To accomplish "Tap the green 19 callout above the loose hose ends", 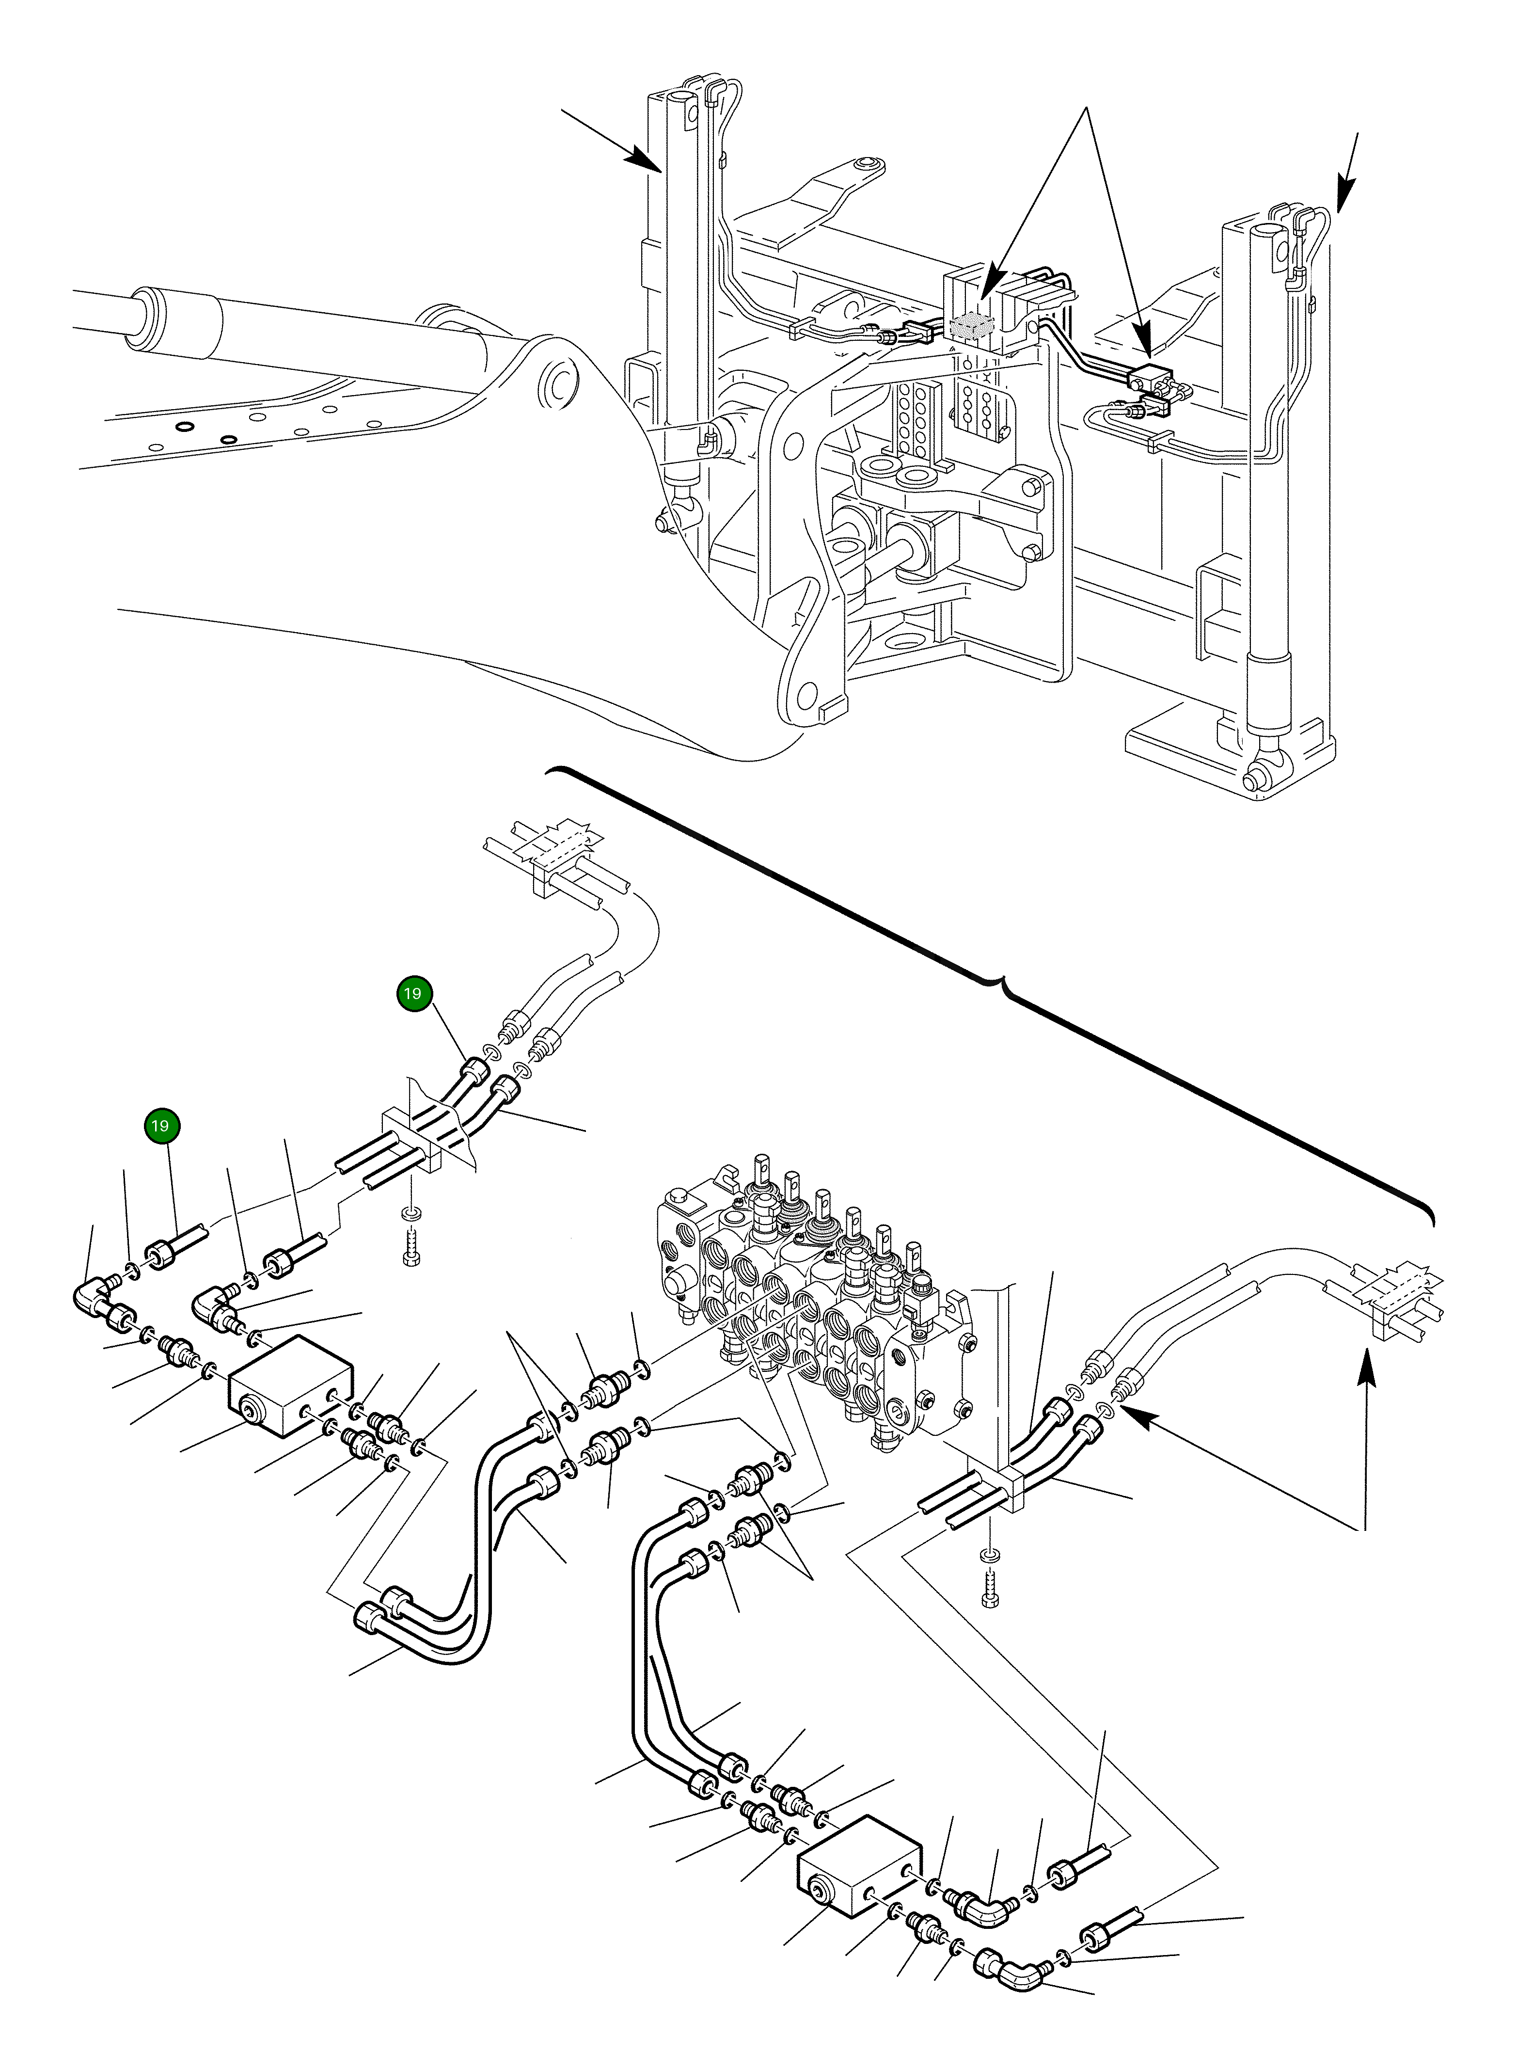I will coord(161,1126).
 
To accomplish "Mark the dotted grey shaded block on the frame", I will coord(972,326).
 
